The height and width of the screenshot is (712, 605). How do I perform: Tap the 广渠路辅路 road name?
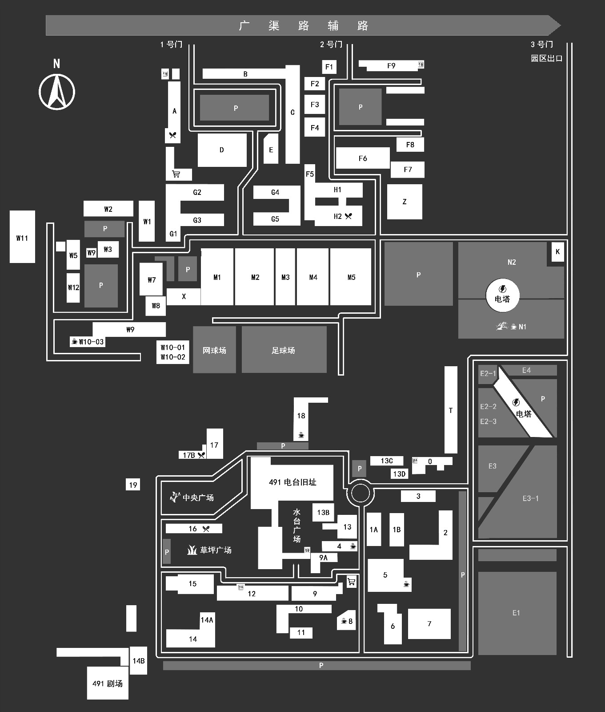click(x=304, y=26)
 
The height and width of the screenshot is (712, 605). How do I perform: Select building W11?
click(x=22, y=237)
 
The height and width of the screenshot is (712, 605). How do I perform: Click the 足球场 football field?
click(x=284, y=350)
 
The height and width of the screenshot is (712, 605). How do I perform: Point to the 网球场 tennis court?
click(x=214, y=350)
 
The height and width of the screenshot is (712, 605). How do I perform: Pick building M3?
click(x=285, y=277)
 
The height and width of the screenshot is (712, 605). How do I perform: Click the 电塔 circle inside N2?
click(x=502, y=294)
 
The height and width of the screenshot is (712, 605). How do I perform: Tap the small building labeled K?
click(x=557, y=252)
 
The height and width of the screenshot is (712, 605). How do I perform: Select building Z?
click(x=405, y=202)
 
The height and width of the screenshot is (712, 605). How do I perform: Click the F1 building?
click(x=329, y=67)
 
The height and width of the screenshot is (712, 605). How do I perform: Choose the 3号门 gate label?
click(x=542, y=44)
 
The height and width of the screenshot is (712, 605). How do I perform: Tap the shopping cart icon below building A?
click(x=176, y=174)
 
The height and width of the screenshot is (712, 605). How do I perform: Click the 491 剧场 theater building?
click(x=108, y=683)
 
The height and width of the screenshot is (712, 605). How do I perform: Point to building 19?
click(x=133, y=485)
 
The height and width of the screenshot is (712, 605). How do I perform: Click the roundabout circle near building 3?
click(x=360, y=493)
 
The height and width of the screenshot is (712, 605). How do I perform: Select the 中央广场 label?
click(x=198, y=498)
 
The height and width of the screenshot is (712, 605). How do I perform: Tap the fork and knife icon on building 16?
click(x=206, y=529)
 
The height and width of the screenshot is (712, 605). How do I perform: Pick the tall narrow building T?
click(x=451, y=410)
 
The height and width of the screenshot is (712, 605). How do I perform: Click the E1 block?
click(x=517, y=613)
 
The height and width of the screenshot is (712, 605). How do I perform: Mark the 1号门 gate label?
click(x=172, y=44)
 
